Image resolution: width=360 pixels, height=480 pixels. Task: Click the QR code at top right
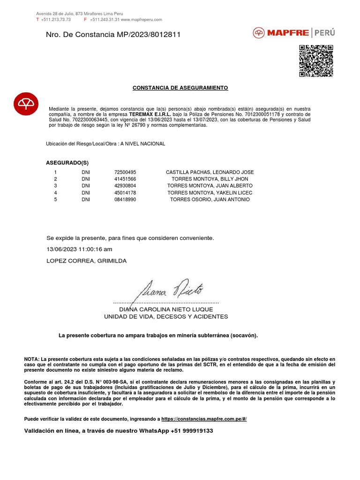[316, 60]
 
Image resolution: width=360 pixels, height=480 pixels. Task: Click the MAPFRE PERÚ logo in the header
[294, 33]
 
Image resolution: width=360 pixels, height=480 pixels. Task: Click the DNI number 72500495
[125, 172]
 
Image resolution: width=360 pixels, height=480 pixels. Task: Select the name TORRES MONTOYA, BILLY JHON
[210, 179]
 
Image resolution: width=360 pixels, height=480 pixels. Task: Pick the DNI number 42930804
[125, 186]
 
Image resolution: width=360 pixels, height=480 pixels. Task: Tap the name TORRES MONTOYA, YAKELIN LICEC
[210, 193]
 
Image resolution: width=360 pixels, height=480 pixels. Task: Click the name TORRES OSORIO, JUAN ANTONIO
[210, 199]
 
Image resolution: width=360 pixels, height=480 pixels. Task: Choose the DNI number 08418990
[125, 199]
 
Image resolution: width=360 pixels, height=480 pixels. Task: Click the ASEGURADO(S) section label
[67, 163]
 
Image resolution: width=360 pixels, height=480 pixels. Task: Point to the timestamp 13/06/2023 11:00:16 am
[80, 249]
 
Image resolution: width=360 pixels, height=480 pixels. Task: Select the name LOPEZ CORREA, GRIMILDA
[87, 261]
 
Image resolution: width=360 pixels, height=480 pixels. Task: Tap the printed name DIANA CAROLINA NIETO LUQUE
[166, 309]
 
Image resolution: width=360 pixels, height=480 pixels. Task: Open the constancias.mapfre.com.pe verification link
[204, 419]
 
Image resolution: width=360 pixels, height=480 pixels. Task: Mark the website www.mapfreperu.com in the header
[142, 19]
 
